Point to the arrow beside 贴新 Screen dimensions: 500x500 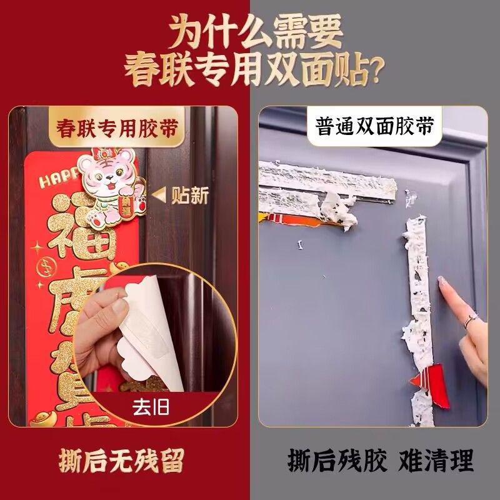point(159,196)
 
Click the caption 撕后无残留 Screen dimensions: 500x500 point(122,462)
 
